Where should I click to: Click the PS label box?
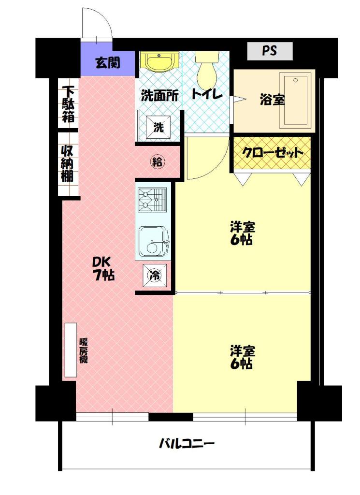click(x=270, y=51)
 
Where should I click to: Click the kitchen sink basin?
click(x=153, y=242)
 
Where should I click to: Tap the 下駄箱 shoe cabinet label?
click(x=68, y=104)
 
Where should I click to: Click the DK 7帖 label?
click(x=103, y=269)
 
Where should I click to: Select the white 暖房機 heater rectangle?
click(x=71, y=350)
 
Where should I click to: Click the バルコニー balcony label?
click(x=187, y=444)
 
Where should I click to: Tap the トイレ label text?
click(x=207, y=94)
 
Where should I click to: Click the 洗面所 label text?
click(x=159, y=96)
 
